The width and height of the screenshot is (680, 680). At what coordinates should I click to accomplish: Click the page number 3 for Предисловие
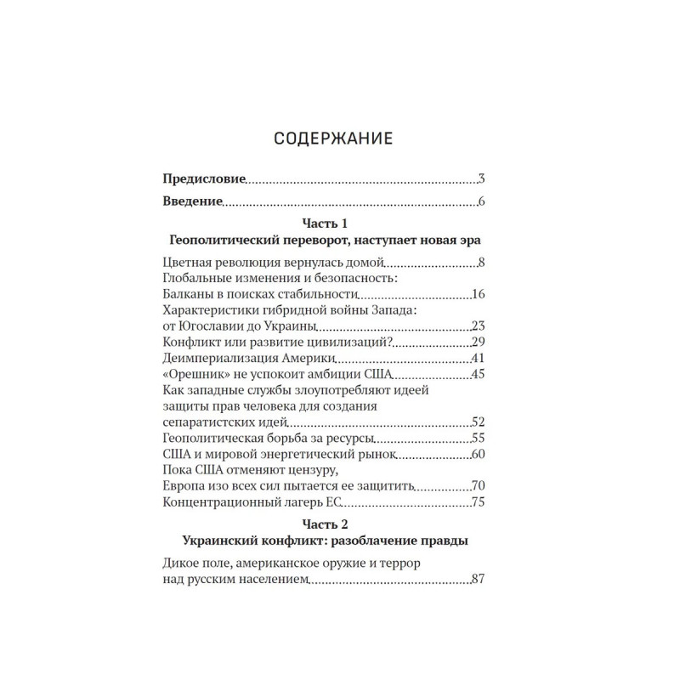[480, 179]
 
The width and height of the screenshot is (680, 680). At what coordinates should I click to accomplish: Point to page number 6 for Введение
[480, 202]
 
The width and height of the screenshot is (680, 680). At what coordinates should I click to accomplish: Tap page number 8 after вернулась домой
[480, 263]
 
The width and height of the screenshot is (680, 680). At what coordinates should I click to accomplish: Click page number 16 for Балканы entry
[477, 295]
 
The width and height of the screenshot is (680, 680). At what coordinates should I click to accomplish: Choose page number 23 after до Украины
[477, 326]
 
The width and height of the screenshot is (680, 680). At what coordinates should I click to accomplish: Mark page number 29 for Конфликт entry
[477, 343]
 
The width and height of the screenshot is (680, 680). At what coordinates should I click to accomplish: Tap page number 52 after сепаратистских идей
[477, 422]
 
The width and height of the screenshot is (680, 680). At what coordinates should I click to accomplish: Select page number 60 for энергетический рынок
[477, 455]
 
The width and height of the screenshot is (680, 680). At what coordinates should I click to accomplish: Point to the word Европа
[181, 486]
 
